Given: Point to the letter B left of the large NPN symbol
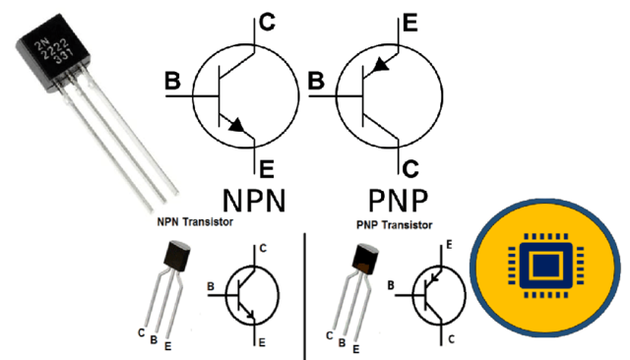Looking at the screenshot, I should pos(173,83).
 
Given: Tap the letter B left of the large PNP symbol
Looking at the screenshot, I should pos(317,83).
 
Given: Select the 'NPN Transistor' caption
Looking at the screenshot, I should pos(194,223).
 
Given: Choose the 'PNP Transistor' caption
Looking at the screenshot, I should pos(394,225).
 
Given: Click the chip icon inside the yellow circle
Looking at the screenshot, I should pos(544,267).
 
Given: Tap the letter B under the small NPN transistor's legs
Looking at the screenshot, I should pos(153,340).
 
